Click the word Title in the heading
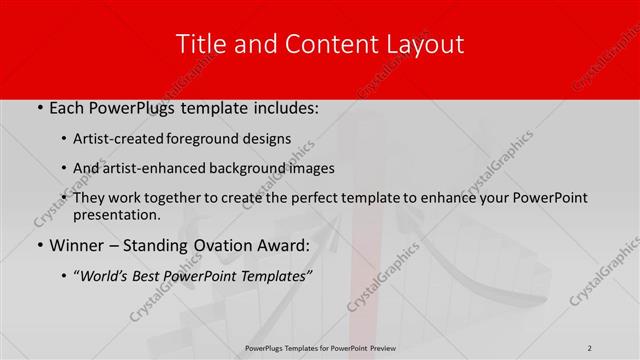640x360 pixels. tap(198, 44)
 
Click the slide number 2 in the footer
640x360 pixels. tap(590, 347)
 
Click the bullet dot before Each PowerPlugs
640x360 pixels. tap(38, 108)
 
